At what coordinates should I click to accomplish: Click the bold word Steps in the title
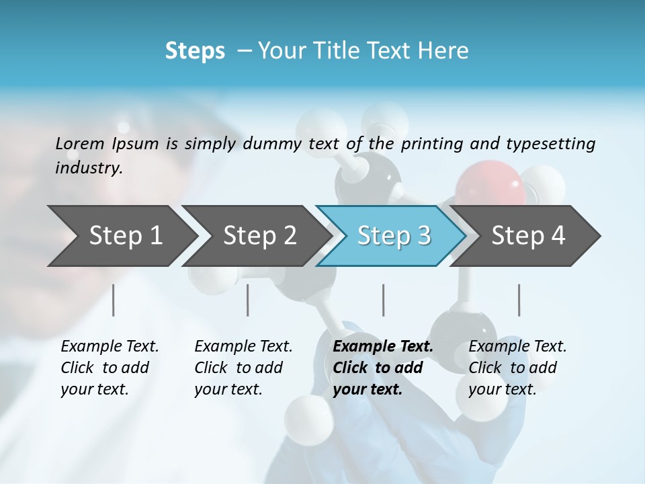pyautogui.click(x=195, y=51)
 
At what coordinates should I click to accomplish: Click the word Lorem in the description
pyautogui.click(x=80, y=143)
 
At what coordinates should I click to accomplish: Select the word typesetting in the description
pyautogui.click(x=550, y=143)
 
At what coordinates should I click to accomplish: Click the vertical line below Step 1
pyautogui.click(x=114, y=300)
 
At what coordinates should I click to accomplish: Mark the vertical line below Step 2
pyautogui.click(x=248, y=300)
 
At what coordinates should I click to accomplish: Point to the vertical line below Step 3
pyautogui.click(x=384, y=300)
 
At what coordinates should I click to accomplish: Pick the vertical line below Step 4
pyautogui.click(x=519, y=300)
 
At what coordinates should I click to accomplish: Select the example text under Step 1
pyautogui.click(x=109, y=368)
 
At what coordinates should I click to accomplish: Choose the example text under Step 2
pyautogui.click(x=243, y=368)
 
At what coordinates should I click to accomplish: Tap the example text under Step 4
pyautogui.click(x=517, y=368)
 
